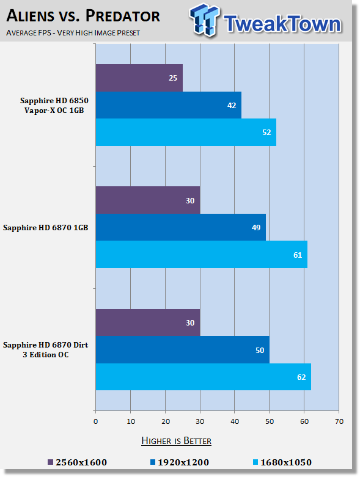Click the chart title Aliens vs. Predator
83,16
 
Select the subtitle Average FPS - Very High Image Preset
73,33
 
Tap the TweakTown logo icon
204,20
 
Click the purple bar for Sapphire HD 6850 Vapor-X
139,78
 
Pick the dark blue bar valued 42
169,105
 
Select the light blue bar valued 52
186,133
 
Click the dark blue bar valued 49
181,227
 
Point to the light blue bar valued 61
202,255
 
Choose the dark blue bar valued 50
183,350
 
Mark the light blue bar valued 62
204,377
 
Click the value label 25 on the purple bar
173,78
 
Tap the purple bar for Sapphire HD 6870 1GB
148,200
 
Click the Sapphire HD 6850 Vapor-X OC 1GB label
54,105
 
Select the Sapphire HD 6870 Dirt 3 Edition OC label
46,349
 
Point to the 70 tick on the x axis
339,421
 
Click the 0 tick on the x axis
95,421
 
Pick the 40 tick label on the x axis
235,421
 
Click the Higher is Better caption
176,441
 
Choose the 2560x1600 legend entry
77,462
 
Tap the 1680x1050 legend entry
282,462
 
